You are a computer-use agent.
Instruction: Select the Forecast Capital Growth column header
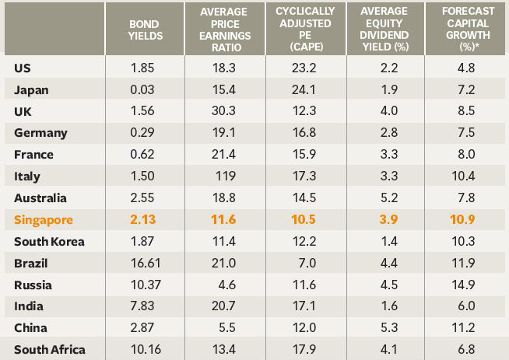tap(465, 29)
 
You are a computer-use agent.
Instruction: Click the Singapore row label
tap(44, 220)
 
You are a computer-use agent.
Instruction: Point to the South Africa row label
tap(50, 350)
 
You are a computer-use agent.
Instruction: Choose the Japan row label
tap(31, 89)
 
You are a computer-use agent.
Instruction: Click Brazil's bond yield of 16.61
tap(144, 264)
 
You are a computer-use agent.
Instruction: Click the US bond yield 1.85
tap(144, 68)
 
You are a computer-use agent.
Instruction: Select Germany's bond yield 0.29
tap(144, 133)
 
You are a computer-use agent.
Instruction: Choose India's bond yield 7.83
tap(144, 307)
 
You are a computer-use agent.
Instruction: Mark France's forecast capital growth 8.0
tap(465, 155)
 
